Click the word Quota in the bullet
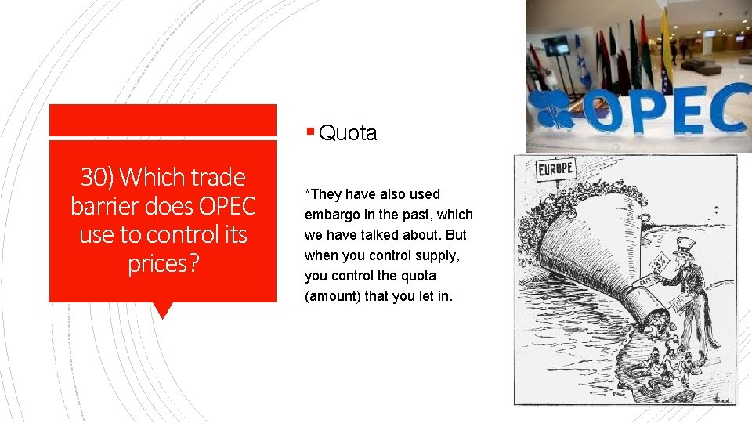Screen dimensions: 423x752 [348, 134]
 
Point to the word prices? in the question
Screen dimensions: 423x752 [163, 263]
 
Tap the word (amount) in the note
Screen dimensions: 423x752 [332, 296]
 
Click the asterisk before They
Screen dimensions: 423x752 [308, 193]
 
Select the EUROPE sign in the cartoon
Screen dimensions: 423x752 [556, 169]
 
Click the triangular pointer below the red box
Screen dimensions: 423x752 [163, 310]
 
